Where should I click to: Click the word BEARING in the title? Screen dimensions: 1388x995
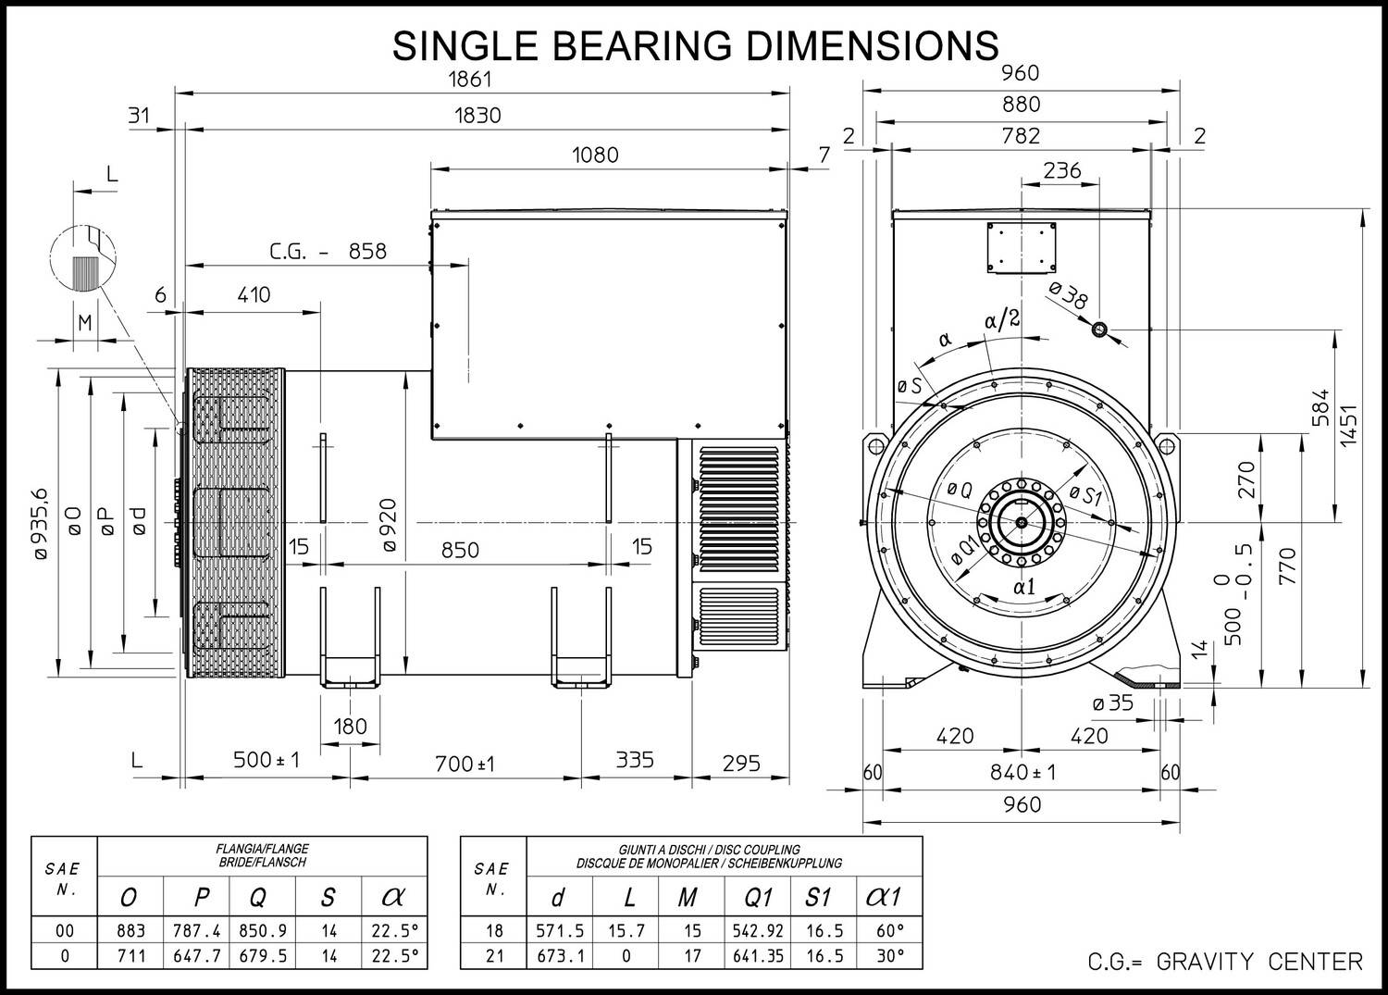click(x=640, y=45)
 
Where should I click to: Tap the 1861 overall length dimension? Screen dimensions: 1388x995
click(x=470, y=80)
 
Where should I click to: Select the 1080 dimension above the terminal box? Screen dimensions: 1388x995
click(x=595, y=155)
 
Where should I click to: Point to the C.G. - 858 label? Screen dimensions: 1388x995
click(x=328, y=251)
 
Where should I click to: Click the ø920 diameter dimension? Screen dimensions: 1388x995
click(x=389, y=525)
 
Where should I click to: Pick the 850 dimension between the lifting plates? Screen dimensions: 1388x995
click(x=460, y=550)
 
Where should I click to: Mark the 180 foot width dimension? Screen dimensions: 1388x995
click(x=350, y=726)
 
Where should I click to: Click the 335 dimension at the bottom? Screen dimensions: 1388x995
click(x=635, y=759)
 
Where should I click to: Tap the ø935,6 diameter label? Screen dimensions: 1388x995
click(x=41, y=525)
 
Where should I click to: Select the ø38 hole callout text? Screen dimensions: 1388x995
click(x=1069, y=295)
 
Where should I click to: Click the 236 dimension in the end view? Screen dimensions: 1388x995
click(x=1062, y=170)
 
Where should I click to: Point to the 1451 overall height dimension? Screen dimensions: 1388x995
click(x=1347, y=425)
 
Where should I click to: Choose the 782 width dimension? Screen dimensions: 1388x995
click(x=1021, y=136)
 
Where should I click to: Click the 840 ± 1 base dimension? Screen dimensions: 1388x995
click(x=1022, y=773)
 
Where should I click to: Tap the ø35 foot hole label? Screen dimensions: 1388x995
click(x=1113, y=703)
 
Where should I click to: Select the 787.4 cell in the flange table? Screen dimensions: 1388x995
click(x=197, y=930)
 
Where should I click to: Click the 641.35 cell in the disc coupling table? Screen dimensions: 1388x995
click(x=759, y=955)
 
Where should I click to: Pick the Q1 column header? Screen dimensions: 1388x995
click(x=758, y=897)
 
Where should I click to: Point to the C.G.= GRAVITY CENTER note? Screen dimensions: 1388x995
click(x=1225, y=962)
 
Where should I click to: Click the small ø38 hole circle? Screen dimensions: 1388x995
click(x=1099, y=330)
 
